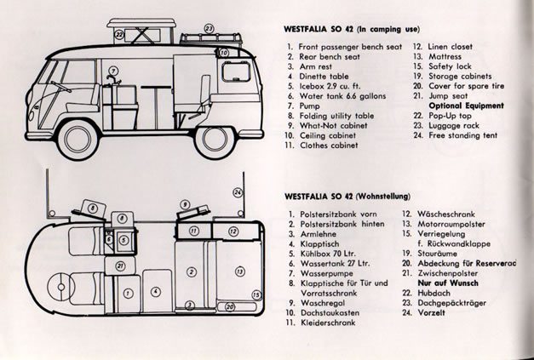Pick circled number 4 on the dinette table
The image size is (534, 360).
(155, 292)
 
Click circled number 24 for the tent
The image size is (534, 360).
(238, 193)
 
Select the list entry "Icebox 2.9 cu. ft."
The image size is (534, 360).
(335, 86)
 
